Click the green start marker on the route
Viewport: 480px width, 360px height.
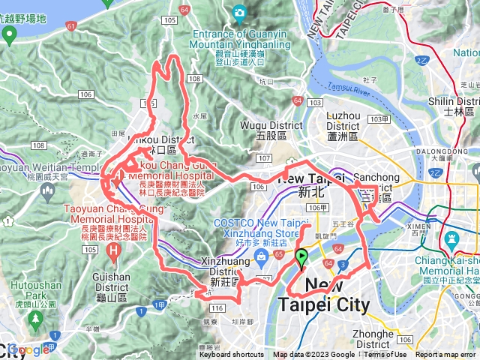(x=302, y=259)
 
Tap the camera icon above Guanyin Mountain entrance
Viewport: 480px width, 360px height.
(x=239, y=12)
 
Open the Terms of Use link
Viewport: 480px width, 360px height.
(x=385, y=355)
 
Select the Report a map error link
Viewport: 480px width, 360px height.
(x=447, y=355)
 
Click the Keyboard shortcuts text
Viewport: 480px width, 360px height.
(x=231, y=355)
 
